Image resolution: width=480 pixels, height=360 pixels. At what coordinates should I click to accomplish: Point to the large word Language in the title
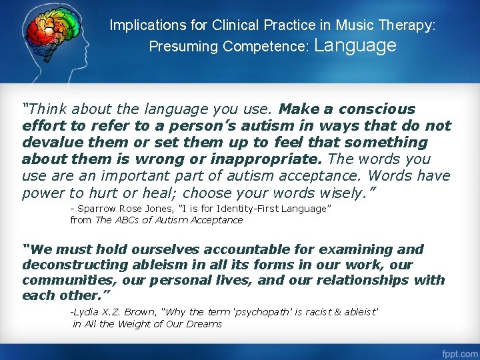click(x=355, y=45)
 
